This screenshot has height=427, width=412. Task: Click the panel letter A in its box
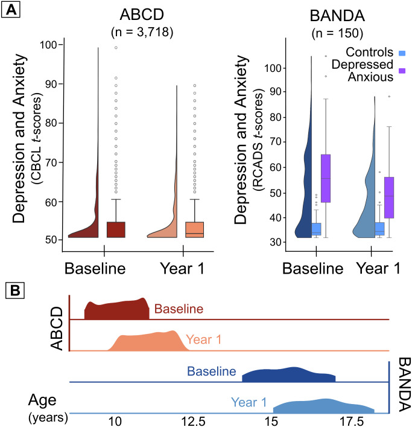(x=10, y=10)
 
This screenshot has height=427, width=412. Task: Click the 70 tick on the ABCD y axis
(x=52, y=162)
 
